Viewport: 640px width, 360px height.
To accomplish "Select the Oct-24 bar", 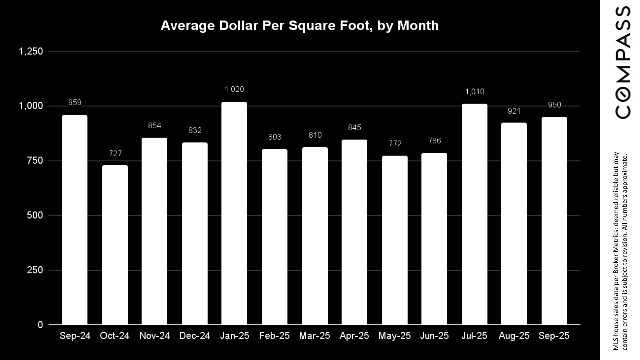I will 115,245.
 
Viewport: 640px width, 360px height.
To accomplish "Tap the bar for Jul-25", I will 474,214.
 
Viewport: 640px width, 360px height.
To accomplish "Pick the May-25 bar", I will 394,240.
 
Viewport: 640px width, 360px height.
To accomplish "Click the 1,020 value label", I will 234,89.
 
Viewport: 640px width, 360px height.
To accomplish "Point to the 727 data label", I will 115,153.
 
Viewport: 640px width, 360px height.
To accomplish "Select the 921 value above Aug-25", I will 514,111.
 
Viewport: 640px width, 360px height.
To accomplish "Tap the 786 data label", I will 434,141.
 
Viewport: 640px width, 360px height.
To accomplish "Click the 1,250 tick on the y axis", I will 31,51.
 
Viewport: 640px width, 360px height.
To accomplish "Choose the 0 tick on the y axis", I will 40,325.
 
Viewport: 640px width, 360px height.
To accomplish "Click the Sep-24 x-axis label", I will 75,336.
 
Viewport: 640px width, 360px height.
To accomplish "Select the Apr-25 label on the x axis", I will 354,336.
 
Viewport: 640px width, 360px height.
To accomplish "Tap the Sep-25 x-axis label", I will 554,336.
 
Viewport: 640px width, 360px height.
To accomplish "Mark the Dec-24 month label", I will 194,336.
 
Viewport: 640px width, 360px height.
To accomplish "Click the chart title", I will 300,26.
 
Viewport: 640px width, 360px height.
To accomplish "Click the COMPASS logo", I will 622,62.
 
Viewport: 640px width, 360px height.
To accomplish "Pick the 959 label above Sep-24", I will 75,103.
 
